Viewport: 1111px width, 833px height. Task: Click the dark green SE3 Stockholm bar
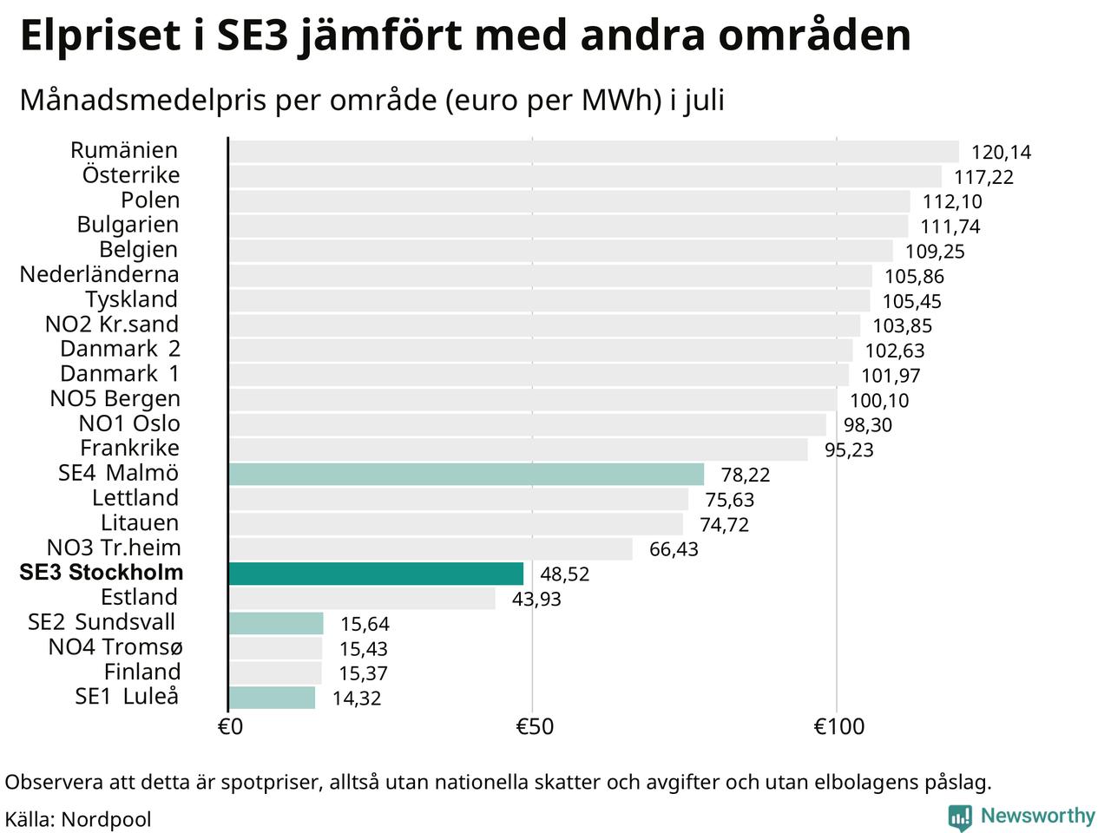(x=376, y=574)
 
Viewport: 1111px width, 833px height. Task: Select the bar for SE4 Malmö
(x=466, y=474)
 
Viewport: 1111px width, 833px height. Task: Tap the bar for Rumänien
(x=594, y=151)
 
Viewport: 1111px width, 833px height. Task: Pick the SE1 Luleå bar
(x=272, y=698)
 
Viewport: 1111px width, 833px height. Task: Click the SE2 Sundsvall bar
(x=276, y=623)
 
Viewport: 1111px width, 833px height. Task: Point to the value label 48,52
(x=565, y=574)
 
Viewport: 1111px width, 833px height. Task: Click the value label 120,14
(x=1001, y=152)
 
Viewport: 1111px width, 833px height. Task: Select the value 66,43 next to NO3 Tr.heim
(x=674, y=549)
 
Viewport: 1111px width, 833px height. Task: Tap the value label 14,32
(x=357, y=699)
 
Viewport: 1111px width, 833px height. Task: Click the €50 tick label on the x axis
(x=535, y=727)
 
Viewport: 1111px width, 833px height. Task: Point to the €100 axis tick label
(x=838, y=727)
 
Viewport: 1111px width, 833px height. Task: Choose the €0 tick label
(x=230, y=727)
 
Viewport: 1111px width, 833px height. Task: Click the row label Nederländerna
(x=99, y=275)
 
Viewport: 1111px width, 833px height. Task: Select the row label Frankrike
(x=130, y=448)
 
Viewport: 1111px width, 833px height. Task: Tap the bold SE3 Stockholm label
(x=102, y=573)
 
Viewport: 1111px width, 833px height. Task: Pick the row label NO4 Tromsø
(x=115, y=647)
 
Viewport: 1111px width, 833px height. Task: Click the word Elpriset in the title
(x=101, y=36)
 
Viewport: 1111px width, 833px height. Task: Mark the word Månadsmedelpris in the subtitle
(x=142, y=100)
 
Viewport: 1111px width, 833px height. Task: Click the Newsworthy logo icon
(x=960, y=816)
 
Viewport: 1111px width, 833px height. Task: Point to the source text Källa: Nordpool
(x=78, y=819)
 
